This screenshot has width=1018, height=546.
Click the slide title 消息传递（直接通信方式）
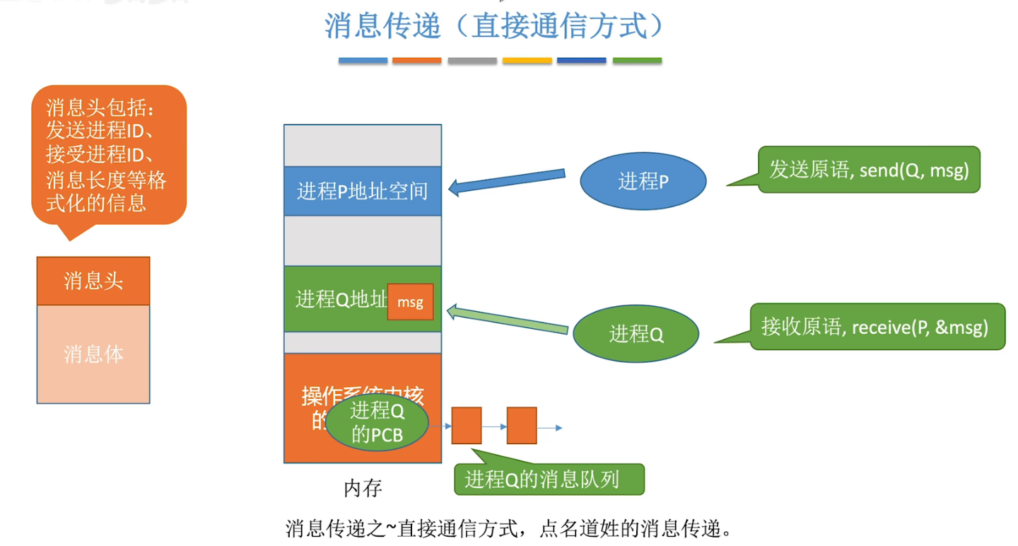494,27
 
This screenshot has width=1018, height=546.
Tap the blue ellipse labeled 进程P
643,182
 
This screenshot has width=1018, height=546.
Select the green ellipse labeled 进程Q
636,334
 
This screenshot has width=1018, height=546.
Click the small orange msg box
410,302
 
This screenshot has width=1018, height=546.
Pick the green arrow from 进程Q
508,320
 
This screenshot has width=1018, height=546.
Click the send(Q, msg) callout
869,170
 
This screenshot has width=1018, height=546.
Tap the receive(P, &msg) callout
877,327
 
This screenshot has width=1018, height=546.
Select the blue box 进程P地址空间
362,191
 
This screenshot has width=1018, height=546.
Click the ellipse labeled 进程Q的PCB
378,422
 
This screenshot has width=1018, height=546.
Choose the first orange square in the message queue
467,426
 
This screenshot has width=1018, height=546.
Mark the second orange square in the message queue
522,426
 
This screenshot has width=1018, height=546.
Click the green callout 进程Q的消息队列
549,480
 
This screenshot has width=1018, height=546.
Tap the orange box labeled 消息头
93,281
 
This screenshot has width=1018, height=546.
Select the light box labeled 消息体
93,354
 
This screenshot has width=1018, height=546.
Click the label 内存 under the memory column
363,488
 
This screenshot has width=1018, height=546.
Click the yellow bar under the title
527,61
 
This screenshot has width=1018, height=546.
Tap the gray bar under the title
472,61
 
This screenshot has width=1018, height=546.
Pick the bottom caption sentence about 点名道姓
507,528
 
